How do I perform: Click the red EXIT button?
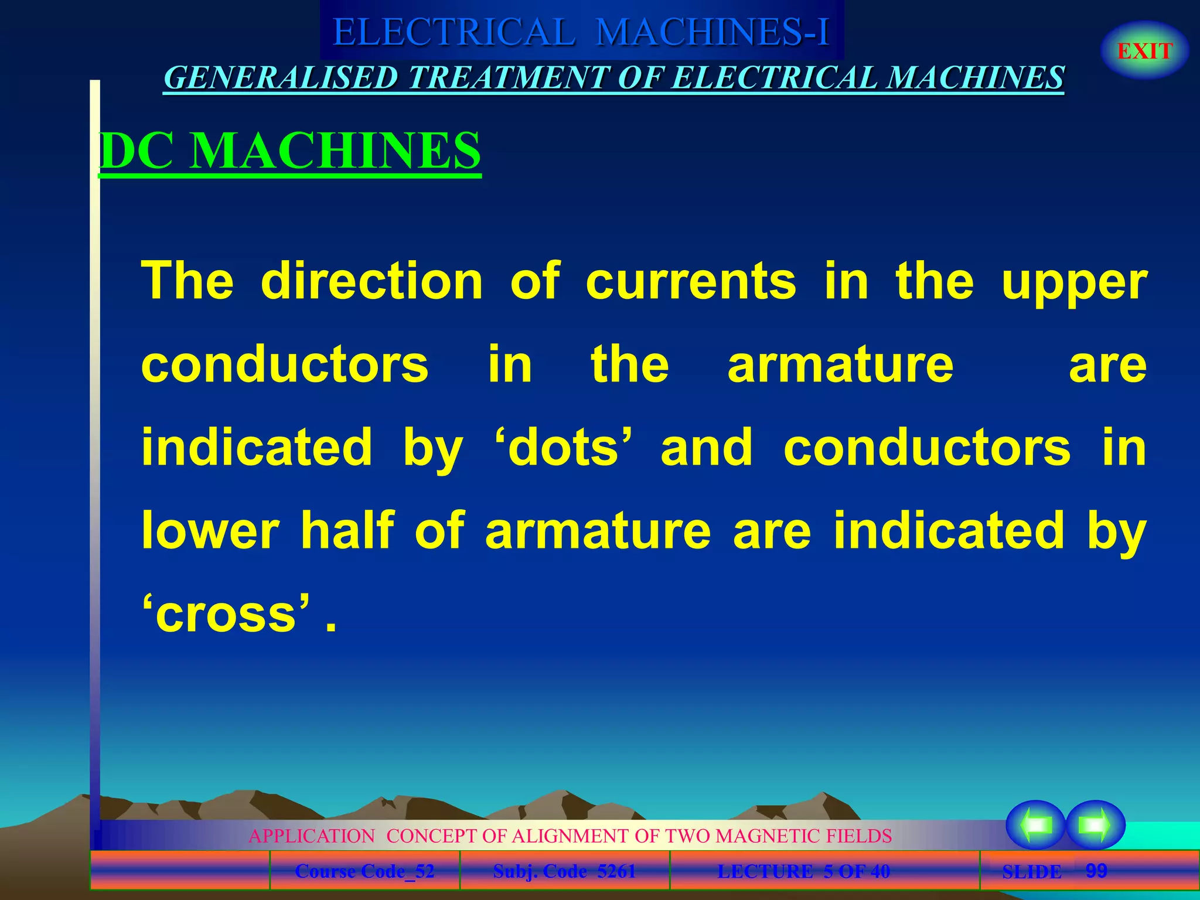(1144, 51)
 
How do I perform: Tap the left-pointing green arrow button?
(1035, 825)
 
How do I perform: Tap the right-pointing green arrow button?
(1095, 825)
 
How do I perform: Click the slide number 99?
(1096, 871)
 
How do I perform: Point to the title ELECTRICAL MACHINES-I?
(581, 32)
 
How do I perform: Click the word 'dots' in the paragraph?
(563, 448)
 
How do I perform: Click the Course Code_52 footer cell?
(364, 871)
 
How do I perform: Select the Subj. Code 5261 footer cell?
(564, 871)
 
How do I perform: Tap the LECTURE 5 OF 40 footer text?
(803, 871)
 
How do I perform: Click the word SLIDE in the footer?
(1032, 872)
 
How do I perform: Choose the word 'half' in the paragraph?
(347, 530)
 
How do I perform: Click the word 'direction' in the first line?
(371, 281)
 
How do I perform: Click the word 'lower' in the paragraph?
(210, 531)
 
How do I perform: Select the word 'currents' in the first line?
(691, 282)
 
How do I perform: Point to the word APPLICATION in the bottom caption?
(312, 836)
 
